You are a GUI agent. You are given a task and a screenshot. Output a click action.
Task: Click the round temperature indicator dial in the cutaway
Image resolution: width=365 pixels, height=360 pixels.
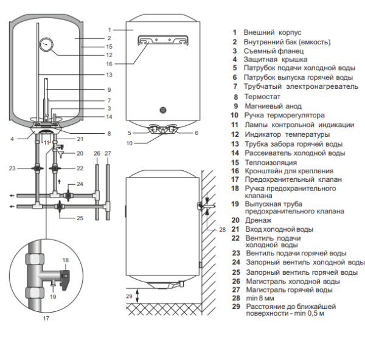(46, 44)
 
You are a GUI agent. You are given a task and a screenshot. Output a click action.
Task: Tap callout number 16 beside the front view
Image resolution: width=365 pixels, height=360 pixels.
(109, 63)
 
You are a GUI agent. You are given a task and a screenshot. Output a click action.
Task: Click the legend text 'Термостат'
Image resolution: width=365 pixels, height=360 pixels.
(262, 96)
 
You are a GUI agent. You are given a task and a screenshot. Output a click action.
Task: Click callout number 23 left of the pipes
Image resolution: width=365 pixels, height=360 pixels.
(12, 168)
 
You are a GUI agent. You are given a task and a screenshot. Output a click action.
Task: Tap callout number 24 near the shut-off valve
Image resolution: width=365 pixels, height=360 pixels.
(80, 184)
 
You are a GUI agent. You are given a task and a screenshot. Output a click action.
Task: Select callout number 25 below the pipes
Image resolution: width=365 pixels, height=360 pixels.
(80, 218)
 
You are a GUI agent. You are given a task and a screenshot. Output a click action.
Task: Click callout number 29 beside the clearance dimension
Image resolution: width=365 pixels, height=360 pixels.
(128, 296)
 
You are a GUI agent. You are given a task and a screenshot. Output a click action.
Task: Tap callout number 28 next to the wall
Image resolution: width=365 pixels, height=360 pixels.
(222, 229)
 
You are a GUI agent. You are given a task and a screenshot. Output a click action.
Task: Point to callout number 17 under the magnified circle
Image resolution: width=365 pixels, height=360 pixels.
(46, 317)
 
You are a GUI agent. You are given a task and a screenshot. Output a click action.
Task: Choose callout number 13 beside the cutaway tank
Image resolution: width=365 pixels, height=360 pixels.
(109, 75)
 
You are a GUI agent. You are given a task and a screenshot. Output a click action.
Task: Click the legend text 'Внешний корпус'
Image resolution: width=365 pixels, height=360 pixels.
(273, 32)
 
